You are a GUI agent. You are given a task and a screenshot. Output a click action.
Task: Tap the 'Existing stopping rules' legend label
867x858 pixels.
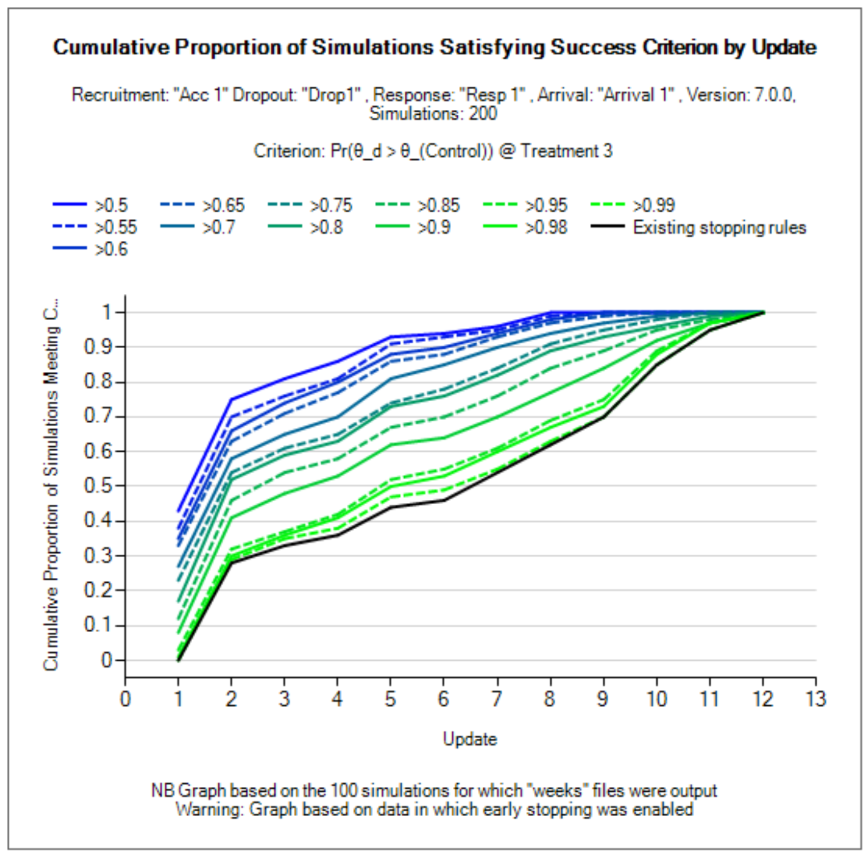coord(719,227)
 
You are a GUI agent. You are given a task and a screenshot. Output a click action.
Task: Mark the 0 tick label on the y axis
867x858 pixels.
coord(107,660)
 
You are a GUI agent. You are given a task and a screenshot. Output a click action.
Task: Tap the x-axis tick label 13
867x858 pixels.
coord(815,699)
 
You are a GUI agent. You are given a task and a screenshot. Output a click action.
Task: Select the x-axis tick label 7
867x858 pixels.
coord(496,699)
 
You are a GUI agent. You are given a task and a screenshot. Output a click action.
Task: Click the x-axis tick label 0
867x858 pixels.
coord(125,699)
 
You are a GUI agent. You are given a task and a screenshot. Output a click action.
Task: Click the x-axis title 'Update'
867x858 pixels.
coord(470,739)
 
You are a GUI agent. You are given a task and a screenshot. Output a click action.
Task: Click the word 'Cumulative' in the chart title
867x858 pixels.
coord(111,47)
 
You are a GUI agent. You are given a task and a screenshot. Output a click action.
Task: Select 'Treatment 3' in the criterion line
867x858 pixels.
coord(566,151)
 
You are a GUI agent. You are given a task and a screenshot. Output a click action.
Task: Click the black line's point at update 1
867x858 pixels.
coord(178,660)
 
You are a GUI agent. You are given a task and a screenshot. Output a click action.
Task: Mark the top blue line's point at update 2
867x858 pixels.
coord(231,399)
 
